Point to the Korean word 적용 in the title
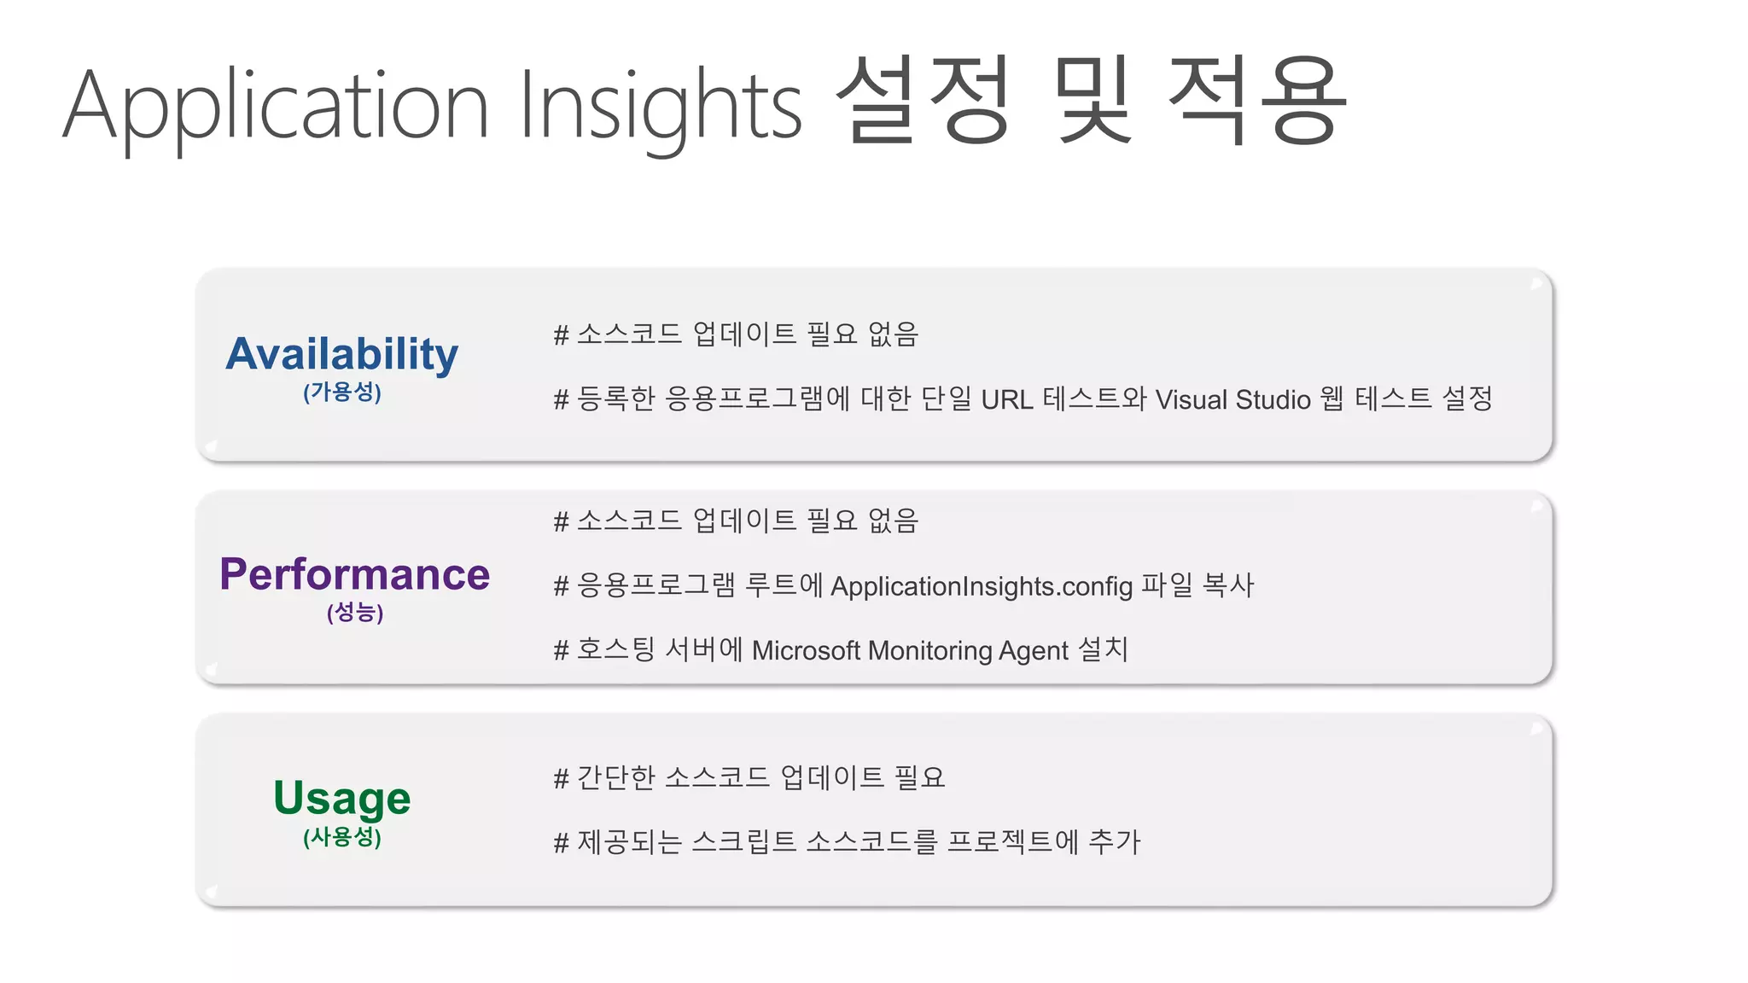(x=1256, y=101)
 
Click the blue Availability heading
(x=341, y=354)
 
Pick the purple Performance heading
(x=354, y=574)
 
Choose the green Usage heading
(x=341, y=798)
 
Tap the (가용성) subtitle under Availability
(x=341, y=393)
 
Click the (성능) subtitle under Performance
(x=354, y=613)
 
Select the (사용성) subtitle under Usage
(x=341, y=837)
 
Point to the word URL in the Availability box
(x=1007, y=399)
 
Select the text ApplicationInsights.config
(x=982, y=586)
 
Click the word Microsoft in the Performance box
(x=806, y=651)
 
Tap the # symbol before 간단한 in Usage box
(x=561, y=778)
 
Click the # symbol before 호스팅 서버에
(x=561, y=651)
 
